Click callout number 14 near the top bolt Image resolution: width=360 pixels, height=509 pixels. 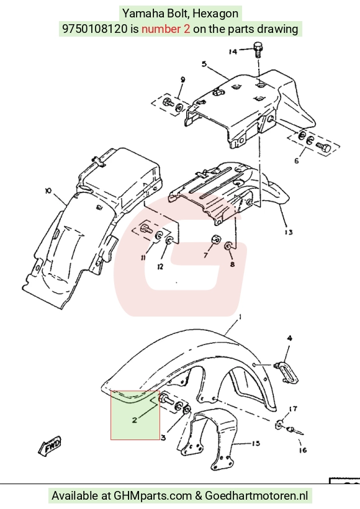click(233, 52)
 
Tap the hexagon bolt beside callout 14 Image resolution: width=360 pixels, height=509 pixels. click(258, 49)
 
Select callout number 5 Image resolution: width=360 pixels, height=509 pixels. click(204, 63)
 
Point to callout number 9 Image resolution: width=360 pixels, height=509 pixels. click(182, 79)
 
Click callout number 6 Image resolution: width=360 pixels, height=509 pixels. click(296, 161)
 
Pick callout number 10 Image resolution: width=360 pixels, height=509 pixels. click(48, 191)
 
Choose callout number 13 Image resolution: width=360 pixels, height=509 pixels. click(289, 232)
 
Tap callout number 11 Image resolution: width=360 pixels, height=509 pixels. click(143, 258)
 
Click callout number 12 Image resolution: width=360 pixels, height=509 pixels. click(160, 266)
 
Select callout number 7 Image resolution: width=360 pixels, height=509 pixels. click(205, 256)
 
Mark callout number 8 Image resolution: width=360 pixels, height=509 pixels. click(232, 264)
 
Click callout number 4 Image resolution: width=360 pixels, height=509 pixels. click(290, 338)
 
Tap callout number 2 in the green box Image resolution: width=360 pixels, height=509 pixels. click(135, 420)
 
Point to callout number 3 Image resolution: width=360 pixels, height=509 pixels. click(163, 438)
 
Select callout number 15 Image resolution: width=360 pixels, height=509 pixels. click(256, 443)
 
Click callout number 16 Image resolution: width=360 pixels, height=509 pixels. click(302, 450)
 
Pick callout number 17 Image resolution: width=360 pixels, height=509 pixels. click(293, 408)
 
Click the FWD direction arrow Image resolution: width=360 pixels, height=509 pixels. click(50, 446)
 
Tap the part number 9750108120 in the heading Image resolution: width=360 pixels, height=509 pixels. click(95, 29)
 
